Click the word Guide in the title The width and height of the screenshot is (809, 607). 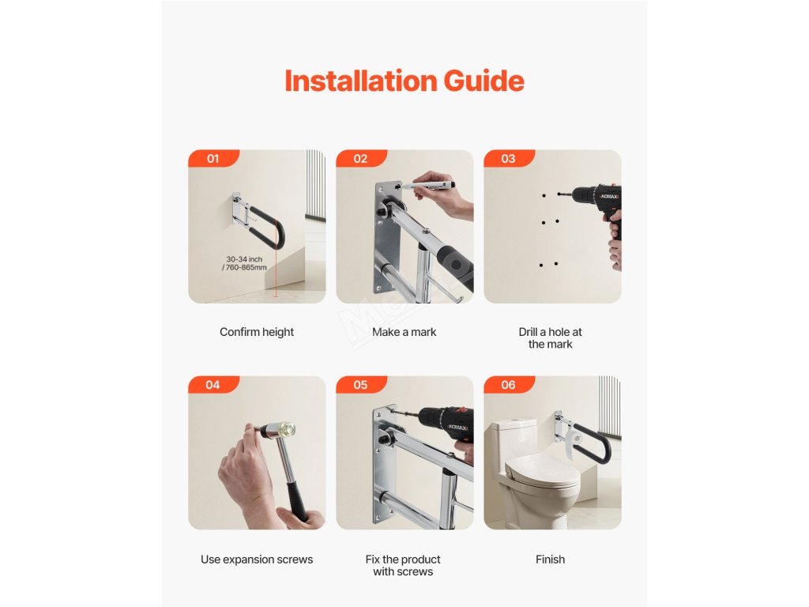(x=484, y=81)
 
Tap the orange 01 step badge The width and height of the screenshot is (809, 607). (x=213, y=158)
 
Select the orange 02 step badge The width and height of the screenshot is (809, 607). (x=360, y=158)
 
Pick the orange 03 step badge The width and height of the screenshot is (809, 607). (x=508, y=158)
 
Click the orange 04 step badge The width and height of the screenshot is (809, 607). (x=213, y=385)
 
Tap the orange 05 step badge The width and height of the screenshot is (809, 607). (x=360, y=385)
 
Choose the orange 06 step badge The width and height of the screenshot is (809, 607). (x=508, y=385)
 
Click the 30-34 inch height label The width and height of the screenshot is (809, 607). (x=245, y=263)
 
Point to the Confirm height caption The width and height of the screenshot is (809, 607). (x=257, y=332)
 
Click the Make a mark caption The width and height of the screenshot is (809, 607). (x=404, y=332)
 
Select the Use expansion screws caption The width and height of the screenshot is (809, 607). (x=257, y=560)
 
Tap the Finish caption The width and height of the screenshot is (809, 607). (x=550, y=560)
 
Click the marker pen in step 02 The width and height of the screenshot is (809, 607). (x=429, y=184)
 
